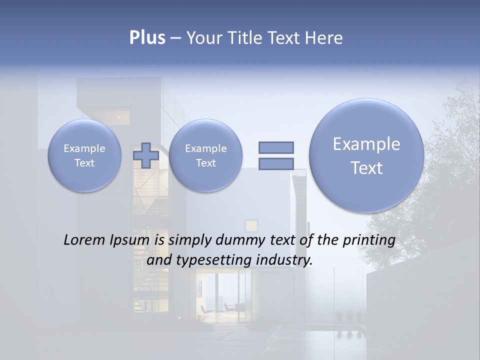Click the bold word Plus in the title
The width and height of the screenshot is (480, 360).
tap(147, 37)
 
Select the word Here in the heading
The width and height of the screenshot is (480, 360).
tap(324, 37)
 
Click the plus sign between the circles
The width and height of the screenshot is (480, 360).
tap(146, 155)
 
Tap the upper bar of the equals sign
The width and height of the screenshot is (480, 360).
tap(275, 147)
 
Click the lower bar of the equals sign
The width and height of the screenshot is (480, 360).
tap(275, 163)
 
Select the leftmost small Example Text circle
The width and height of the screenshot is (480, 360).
tap(84, 155)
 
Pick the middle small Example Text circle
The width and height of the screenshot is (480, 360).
tap(205, 155)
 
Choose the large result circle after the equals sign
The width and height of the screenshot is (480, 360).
tap(366, 155)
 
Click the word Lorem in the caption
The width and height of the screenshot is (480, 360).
tap(84, 240)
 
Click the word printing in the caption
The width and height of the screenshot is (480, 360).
tap(370, 240)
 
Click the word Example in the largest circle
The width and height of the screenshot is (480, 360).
tap(366, 144)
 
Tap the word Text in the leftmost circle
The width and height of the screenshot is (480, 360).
tap(84, 163)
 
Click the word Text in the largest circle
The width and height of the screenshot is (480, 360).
tap(366, 168)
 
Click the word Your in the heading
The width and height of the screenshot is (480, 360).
tap(204, 37)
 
